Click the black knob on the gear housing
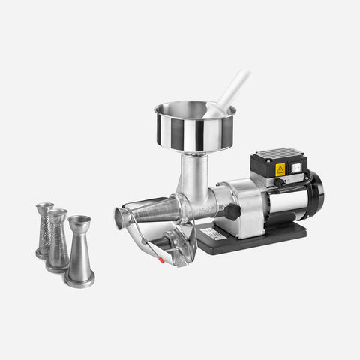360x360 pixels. click(232, 211)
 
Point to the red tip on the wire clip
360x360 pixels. click(159, 261)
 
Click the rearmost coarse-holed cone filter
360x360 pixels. click(44, 228)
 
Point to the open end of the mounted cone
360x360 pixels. click(121, 218)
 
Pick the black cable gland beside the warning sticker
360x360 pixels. click(279, 181)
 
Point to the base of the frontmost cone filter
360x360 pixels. click(79, 278)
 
